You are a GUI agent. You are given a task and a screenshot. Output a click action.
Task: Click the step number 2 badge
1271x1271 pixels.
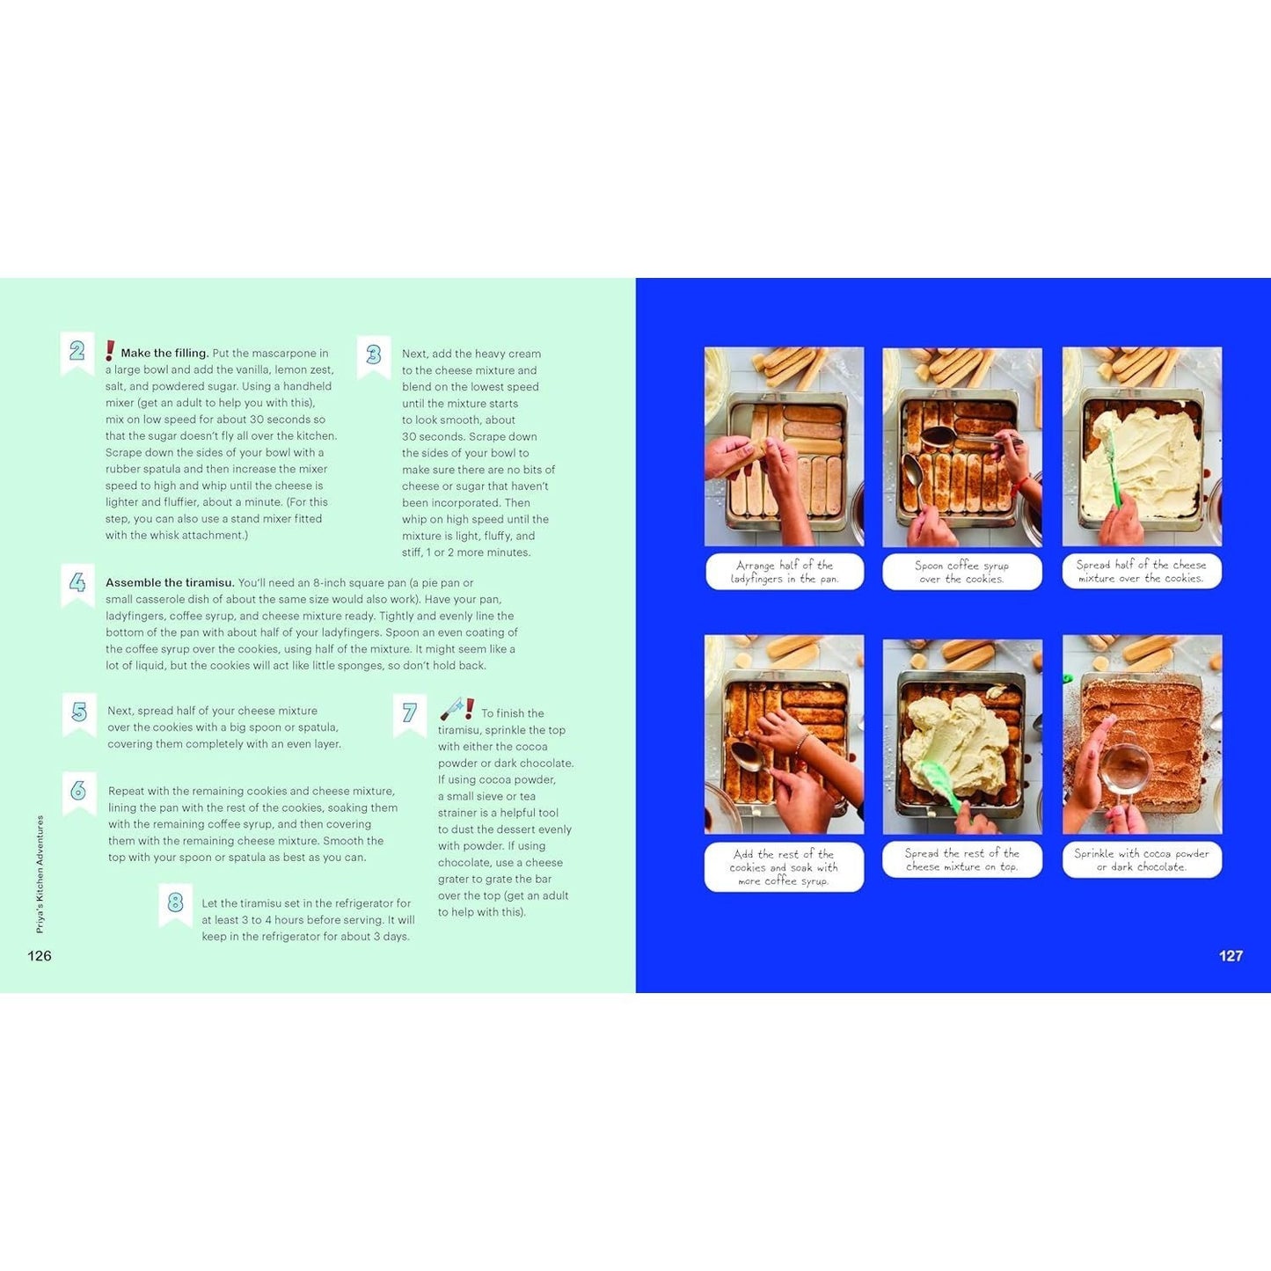[x=77, y=353]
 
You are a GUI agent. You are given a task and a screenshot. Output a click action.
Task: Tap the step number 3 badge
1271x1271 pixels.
[x=374, y=357]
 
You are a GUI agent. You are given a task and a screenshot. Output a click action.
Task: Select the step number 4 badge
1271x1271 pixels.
[x=77, y=585]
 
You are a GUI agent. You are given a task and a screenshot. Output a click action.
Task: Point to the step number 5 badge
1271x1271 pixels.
[x=79, y=714]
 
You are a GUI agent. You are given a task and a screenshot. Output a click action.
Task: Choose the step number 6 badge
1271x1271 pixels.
[x=79, y=793]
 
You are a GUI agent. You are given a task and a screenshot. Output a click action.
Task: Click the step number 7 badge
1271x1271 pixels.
[x=410, y=715]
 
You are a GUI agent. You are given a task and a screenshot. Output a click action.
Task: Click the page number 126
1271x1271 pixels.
[x=40, y=956]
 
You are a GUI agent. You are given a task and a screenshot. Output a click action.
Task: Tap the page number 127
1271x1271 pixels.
[x=1231, y=956]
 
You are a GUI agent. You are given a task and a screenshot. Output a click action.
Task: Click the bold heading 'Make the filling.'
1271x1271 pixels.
[x=164, y=353]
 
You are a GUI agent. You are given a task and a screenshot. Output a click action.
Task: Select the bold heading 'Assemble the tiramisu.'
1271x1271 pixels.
[x=170, y=582]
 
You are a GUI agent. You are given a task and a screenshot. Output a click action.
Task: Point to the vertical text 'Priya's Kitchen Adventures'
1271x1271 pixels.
[x=40, y=874]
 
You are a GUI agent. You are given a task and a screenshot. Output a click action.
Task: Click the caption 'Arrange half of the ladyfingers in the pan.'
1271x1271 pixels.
[x=785, y=572]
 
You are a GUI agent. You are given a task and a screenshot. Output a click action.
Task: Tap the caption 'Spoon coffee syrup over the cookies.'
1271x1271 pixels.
[x=961, y=572]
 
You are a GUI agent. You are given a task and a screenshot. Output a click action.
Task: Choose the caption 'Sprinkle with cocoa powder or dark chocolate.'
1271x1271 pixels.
[x=1141, y=860]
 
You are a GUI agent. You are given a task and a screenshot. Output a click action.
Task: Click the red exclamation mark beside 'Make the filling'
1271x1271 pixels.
[x=110, y=351]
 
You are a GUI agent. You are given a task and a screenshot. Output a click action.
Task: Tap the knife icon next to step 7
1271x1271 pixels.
[x=451, y=708]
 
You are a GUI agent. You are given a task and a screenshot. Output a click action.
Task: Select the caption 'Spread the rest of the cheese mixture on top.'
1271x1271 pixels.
[x=961, y=860]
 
